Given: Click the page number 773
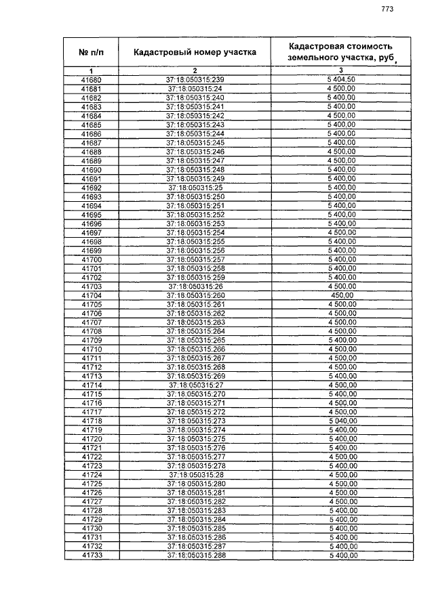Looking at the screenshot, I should pyautogui.click(x=388, y=9).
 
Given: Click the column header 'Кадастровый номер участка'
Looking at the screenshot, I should pyautogui.click(x=195, y=51).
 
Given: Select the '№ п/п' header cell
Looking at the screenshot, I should pyautogui.click(x=91, y=51).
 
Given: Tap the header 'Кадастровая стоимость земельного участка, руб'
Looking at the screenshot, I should pyautogui.click(x=340, y=51).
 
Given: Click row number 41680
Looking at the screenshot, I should pyautogui.click(x=91, y=80).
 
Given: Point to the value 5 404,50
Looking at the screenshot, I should pyautogui.click(x=341, y=80).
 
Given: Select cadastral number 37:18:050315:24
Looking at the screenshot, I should pyautogui.click(x=195, y=89).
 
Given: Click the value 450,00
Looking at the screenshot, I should pyautogui.click(x=341, y=295).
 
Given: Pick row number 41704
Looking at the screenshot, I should pyautogui.click(x=91, y=295).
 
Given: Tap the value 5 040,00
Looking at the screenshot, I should pyautogui.click(x=341, y=421).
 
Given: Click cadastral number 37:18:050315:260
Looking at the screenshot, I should pyautogui.click(x=195, y=295).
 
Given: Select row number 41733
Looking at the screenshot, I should pyautogui.click(x=91, y=555).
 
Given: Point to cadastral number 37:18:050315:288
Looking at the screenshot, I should pyautogui.click(x=195, y=555).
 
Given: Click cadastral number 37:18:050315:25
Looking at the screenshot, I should pyautogui.click(x=195, y=188).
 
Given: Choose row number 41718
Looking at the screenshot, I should pyautogui.click(x=91, y=421).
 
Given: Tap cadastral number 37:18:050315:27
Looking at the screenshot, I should pyautogui.click(x=195, y=385).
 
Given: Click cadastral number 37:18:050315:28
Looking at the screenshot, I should pyautogui.click(x=195, y=475).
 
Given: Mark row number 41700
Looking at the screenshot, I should pyautogui.click(x=91, y=259).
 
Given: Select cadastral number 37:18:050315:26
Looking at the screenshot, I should pyautogui.click(x=195, y=287).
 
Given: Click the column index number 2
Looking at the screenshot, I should pyautogui.click(x=195, y=71).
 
